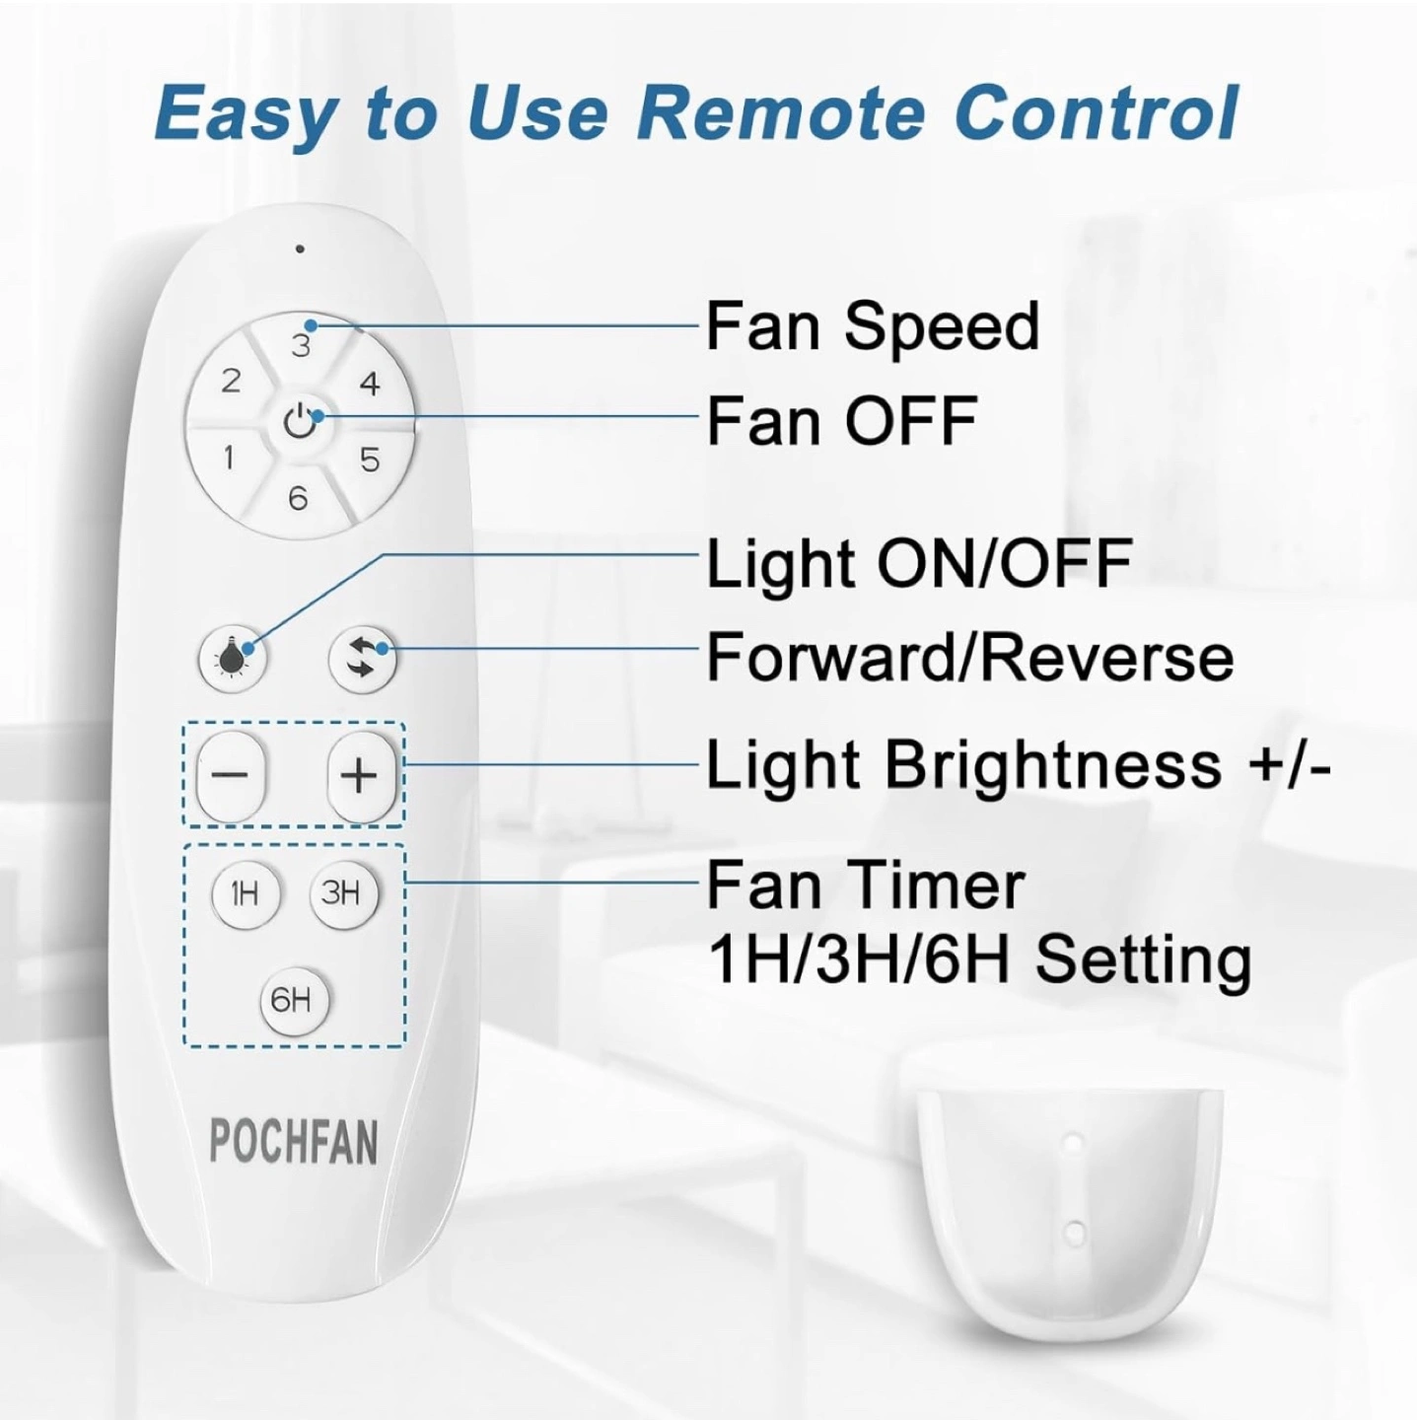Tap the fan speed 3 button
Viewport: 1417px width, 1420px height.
[x=301, y=345]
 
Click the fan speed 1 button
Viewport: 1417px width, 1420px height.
[x=229, y=459]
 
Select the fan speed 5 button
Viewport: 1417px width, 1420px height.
[x=370, y=460]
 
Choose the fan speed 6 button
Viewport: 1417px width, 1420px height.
[x=298, y=499]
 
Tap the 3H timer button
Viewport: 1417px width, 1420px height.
[x=340, y=893]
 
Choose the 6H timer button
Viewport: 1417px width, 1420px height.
[x=292, y=1001]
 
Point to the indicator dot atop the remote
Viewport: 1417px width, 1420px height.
[x=300, y=249]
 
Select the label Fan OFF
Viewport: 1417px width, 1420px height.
[x=841, y=421]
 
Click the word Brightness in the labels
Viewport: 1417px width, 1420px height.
[x=1052, y=766]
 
